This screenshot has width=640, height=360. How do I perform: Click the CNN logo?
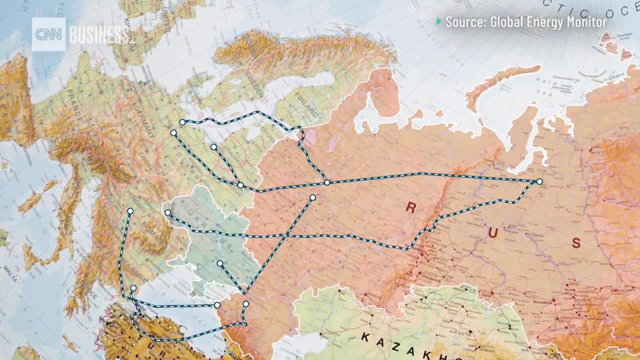tap(48, 34)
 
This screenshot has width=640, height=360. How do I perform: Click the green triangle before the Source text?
tap(439, 21)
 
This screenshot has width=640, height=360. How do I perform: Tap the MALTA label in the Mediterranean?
tap(9, 268)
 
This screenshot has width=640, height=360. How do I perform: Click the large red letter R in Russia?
tap(410, 208)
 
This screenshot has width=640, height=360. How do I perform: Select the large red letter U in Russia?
tap(493, 232)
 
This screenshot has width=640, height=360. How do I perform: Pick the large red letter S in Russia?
tap(576, 243)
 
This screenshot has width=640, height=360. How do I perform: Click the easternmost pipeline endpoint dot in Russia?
tap(539, 181)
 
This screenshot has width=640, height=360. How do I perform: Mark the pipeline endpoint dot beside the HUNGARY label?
tap(130, 211)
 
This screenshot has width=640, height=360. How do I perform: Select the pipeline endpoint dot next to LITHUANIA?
tap(213, 147)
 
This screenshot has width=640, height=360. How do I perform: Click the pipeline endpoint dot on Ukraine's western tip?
tap(167, 212)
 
